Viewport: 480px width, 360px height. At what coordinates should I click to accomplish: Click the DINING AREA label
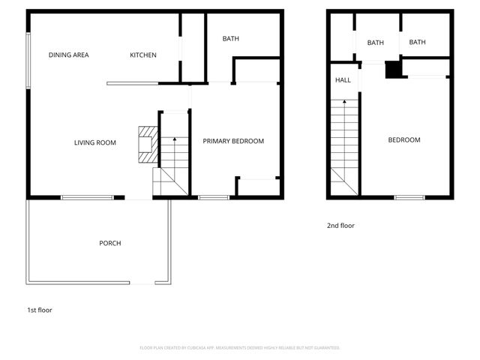click(68, 55)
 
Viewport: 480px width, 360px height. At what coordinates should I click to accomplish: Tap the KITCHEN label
click(143, 55)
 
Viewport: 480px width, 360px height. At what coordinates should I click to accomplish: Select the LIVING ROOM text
click(94, 142)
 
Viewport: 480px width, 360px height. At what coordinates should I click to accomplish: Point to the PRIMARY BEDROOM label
click(233, 141)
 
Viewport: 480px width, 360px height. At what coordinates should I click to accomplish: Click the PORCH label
click(110, 243)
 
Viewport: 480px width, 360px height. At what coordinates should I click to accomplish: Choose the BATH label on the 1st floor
click(231, 39)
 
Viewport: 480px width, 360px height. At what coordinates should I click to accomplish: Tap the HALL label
click(343, 80)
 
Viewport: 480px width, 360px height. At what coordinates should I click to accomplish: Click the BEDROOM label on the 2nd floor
click(403, 140)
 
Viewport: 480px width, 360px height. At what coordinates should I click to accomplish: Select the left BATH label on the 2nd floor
click(376, 43)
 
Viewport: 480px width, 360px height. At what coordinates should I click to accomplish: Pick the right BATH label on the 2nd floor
click(418, 42)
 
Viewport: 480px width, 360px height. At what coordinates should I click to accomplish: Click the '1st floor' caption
click(40, 310)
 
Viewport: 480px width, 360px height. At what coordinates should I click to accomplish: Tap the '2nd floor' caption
click(340, 225)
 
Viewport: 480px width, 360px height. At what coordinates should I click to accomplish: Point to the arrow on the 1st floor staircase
click(173, 140)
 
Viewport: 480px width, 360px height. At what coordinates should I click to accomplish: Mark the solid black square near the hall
click(393, 69)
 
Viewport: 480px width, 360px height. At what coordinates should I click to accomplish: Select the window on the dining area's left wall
click(28, 59)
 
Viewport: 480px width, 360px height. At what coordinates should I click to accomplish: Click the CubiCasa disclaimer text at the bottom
click(240, 347)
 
